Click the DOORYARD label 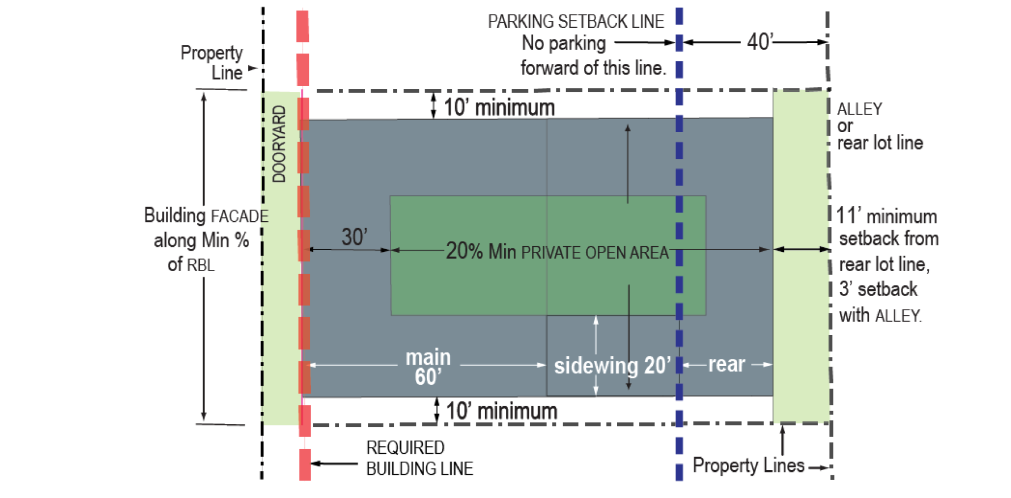click(279, 144)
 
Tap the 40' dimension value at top click(760, 41)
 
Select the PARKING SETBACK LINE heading click(576, 22)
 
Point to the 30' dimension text click(354, 237)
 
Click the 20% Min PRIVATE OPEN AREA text click(557, 251)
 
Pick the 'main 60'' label click(428, 367)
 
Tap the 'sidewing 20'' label click(613, 366)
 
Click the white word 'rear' click(726, 364)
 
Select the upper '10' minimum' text click(499, 107)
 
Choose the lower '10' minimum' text click(502, 411)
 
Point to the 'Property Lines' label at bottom click(748, 466)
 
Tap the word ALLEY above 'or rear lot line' click(859, 108)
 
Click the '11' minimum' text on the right click(886, 216)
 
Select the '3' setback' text click(878, 289)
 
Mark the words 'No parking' click(564, 43)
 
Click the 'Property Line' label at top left click(212, 62)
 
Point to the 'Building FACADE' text click(205, 216)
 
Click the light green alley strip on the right click(800, 255)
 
